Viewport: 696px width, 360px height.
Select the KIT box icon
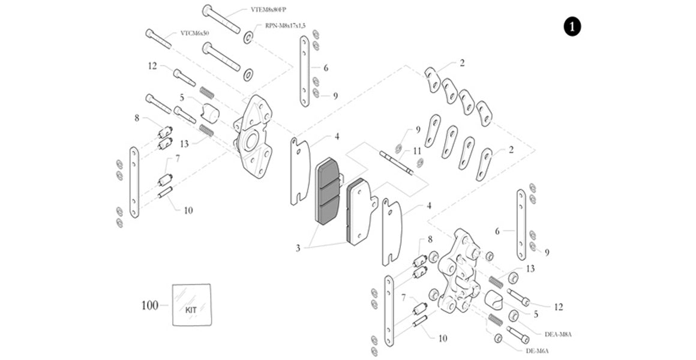click(191, 305)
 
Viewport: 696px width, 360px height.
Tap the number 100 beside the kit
click(149, 306)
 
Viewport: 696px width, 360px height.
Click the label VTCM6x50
click(194, 34)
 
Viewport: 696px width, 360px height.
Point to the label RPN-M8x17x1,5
click(286, 26)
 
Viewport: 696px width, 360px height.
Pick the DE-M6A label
click(538, 351)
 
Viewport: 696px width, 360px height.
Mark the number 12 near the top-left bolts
click(152, 66)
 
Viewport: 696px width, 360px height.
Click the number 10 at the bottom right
click(442, 338)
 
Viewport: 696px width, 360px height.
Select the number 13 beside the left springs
click(184, 144)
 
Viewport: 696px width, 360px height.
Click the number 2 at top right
click(462, 62)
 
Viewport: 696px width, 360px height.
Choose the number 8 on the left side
click(137, 119)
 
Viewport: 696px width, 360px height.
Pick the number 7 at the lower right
click(404, 298)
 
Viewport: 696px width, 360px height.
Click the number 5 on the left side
click(182, 97)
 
